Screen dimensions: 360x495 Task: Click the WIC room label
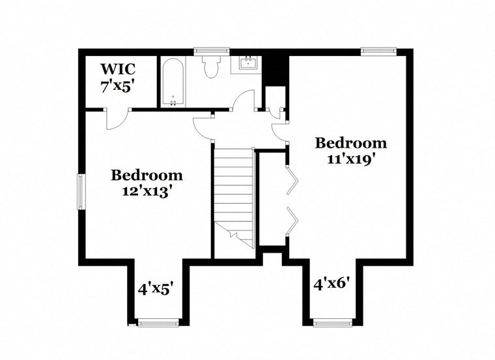pos(117,69)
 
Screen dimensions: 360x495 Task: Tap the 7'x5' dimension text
pos(117,86)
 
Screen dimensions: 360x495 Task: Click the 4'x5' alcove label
pos(155,288)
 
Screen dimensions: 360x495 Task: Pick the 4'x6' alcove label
pos(333,284)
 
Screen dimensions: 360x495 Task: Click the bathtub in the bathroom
pos(173,83)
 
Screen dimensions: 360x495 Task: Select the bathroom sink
pos(247,63)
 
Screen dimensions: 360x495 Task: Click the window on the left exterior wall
pos(81,191)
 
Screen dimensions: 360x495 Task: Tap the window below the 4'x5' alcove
pos(158,322)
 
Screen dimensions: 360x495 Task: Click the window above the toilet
pos(212,49)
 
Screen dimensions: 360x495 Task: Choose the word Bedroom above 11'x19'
pos(350,143)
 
